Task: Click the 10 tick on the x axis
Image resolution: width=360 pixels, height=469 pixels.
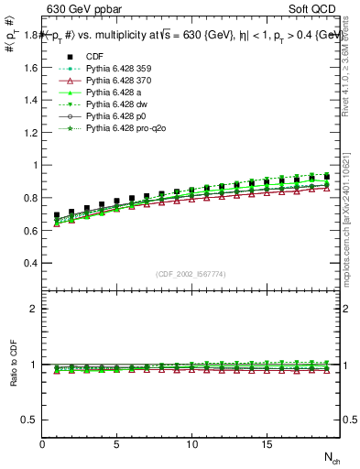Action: click(191, 444)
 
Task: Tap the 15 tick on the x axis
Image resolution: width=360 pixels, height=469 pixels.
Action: click(266, 444)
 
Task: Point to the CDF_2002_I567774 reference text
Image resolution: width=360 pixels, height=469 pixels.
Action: click(191, 274)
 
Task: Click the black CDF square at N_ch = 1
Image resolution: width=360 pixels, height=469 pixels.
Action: click(57, 215)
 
